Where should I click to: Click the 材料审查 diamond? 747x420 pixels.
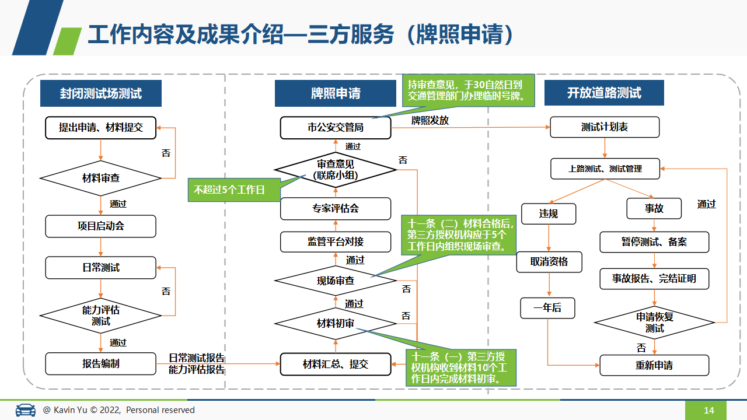[101, 178]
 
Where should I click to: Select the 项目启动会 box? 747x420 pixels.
[101, 226]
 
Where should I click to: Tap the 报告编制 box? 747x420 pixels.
[101, 363]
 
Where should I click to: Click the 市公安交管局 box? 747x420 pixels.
[336, 127]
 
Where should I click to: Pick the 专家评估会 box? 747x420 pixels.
[336, 209]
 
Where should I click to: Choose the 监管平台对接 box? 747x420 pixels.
[336, 242]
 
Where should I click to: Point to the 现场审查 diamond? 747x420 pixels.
[336, 281]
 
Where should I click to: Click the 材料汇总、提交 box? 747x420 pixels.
[336, 365]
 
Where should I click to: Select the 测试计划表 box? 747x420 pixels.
[605, 127]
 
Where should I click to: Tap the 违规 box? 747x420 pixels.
[549, 213]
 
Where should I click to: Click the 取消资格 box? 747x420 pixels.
[549, 262]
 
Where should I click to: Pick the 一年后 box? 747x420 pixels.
[547, 308]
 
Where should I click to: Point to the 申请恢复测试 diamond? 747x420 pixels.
[654, 323]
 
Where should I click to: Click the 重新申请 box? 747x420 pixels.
[654, 365]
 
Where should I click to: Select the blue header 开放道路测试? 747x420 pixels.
[604, 93]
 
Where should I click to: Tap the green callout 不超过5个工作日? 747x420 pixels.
[234, 190]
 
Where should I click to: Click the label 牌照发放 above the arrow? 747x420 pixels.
[430, 120]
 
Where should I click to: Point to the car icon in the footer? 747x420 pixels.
[25, 409]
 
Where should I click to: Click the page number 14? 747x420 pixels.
[708, 410]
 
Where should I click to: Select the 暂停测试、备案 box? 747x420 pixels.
[654, 242]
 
